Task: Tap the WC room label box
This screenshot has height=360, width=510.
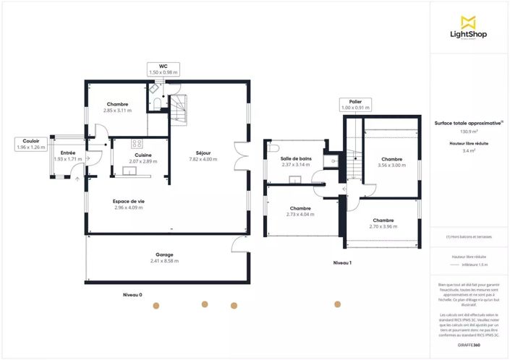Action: coord(163,69)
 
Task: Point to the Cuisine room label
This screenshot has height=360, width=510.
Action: coord(143,158)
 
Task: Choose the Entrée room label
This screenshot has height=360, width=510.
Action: coord(68,155)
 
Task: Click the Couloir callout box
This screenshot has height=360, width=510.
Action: coord(30,144)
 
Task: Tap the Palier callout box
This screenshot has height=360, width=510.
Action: coord(355,105)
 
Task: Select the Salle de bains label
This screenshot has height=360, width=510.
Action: coord(296,161)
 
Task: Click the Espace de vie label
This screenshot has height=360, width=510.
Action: coord(128,205)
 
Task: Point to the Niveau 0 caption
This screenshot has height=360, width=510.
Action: coord(132,295)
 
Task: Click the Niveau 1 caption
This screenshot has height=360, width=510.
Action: coord(342,262)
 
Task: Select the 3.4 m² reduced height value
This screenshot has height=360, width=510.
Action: coord(469,151)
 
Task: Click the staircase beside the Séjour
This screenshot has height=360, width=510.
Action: coord(178,109)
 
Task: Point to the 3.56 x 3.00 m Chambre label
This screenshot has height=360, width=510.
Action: coord(391,162)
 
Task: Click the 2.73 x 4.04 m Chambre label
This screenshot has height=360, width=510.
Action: coord(300,211)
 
